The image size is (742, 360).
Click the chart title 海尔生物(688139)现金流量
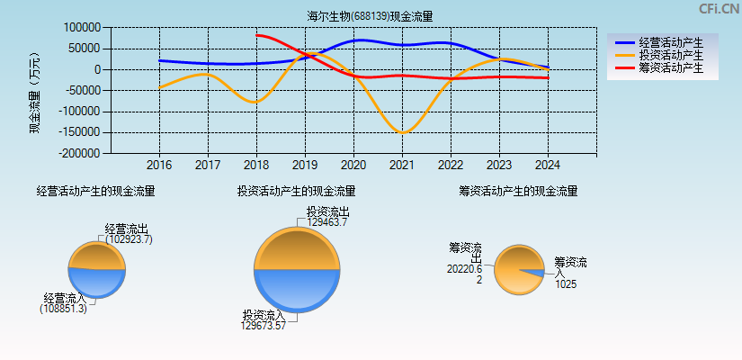[x=370, y=16]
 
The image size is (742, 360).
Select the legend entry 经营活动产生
[x=670, y=42]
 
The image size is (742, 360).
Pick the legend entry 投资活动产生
[x=670, y=55]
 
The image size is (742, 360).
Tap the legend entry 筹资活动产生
[x=670, y=67]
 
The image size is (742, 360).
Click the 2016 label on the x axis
[x=159, y=166]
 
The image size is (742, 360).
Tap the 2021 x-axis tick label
[x=402, y=166]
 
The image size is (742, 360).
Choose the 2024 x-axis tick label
[x=548, y=166]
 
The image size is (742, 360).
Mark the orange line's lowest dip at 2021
[x=402, y=133]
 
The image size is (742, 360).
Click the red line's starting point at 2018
[x=257, y=35]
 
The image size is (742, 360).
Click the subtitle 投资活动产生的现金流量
[x=296, y=191]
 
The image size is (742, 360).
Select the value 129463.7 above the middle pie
[x=327, y=222]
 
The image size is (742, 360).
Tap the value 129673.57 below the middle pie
[x=264, y=326]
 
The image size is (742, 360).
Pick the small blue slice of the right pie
[x=535, y=273]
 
